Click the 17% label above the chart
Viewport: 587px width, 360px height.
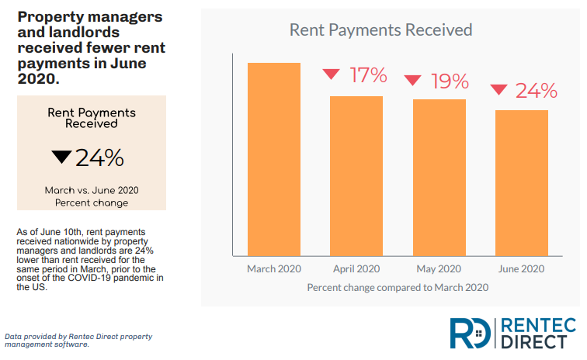point(367,75)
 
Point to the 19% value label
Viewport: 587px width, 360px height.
point(450,81)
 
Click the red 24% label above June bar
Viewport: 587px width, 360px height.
point(537,91)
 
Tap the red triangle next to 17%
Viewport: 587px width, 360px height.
point(332,74)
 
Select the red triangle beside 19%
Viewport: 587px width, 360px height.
point(413,80)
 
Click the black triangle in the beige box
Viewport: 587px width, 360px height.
point(61,157)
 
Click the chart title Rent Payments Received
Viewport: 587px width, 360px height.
point(380,30)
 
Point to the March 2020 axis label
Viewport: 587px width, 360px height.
point(273,269)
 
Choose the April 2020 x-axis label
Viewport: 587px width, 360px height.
point(356,269)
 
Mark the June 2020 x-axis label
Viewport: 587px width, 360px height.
point(522,269)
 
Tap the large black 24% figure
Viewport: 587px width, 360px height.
point(99,158)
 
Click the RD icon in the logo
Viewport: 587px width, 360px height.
point(471,332)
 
